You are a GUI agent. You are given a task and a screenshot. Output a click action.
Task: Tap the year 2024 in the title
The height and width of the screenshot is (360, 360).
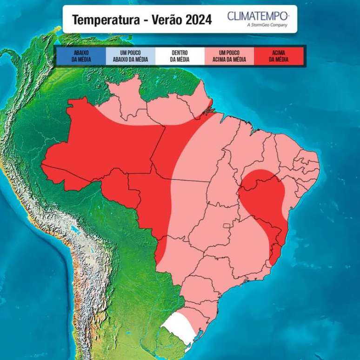pos(197,20)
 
